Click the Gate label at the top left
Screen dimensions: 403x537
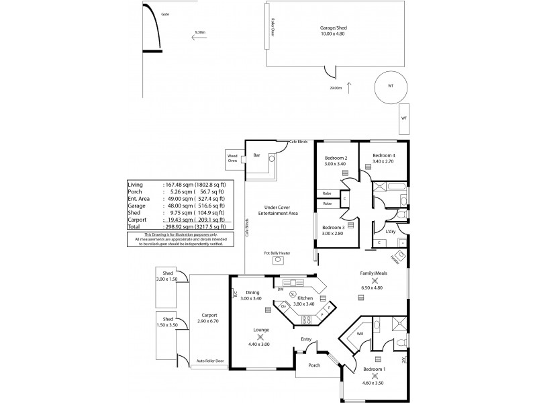165,13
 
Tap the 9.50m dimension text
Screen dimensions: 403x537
199,32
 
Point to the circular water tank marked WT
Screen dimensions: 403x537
390,87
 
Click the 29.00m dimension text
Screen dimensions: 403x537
336,87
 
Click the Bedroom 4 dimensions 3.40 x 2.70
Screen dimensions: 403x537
379,162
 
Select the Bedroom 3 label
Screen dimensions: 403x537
333,228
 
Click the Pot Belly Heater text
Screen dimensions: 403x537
277,253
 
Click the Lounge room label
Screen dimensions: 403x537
261,330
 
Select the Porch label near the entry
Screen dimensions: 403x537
313,365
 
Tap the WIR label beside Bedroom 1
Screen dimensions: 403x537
360,333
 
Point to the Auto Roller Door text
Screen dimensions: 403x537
209,361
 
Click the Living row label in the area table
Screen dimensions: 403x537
134,183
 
